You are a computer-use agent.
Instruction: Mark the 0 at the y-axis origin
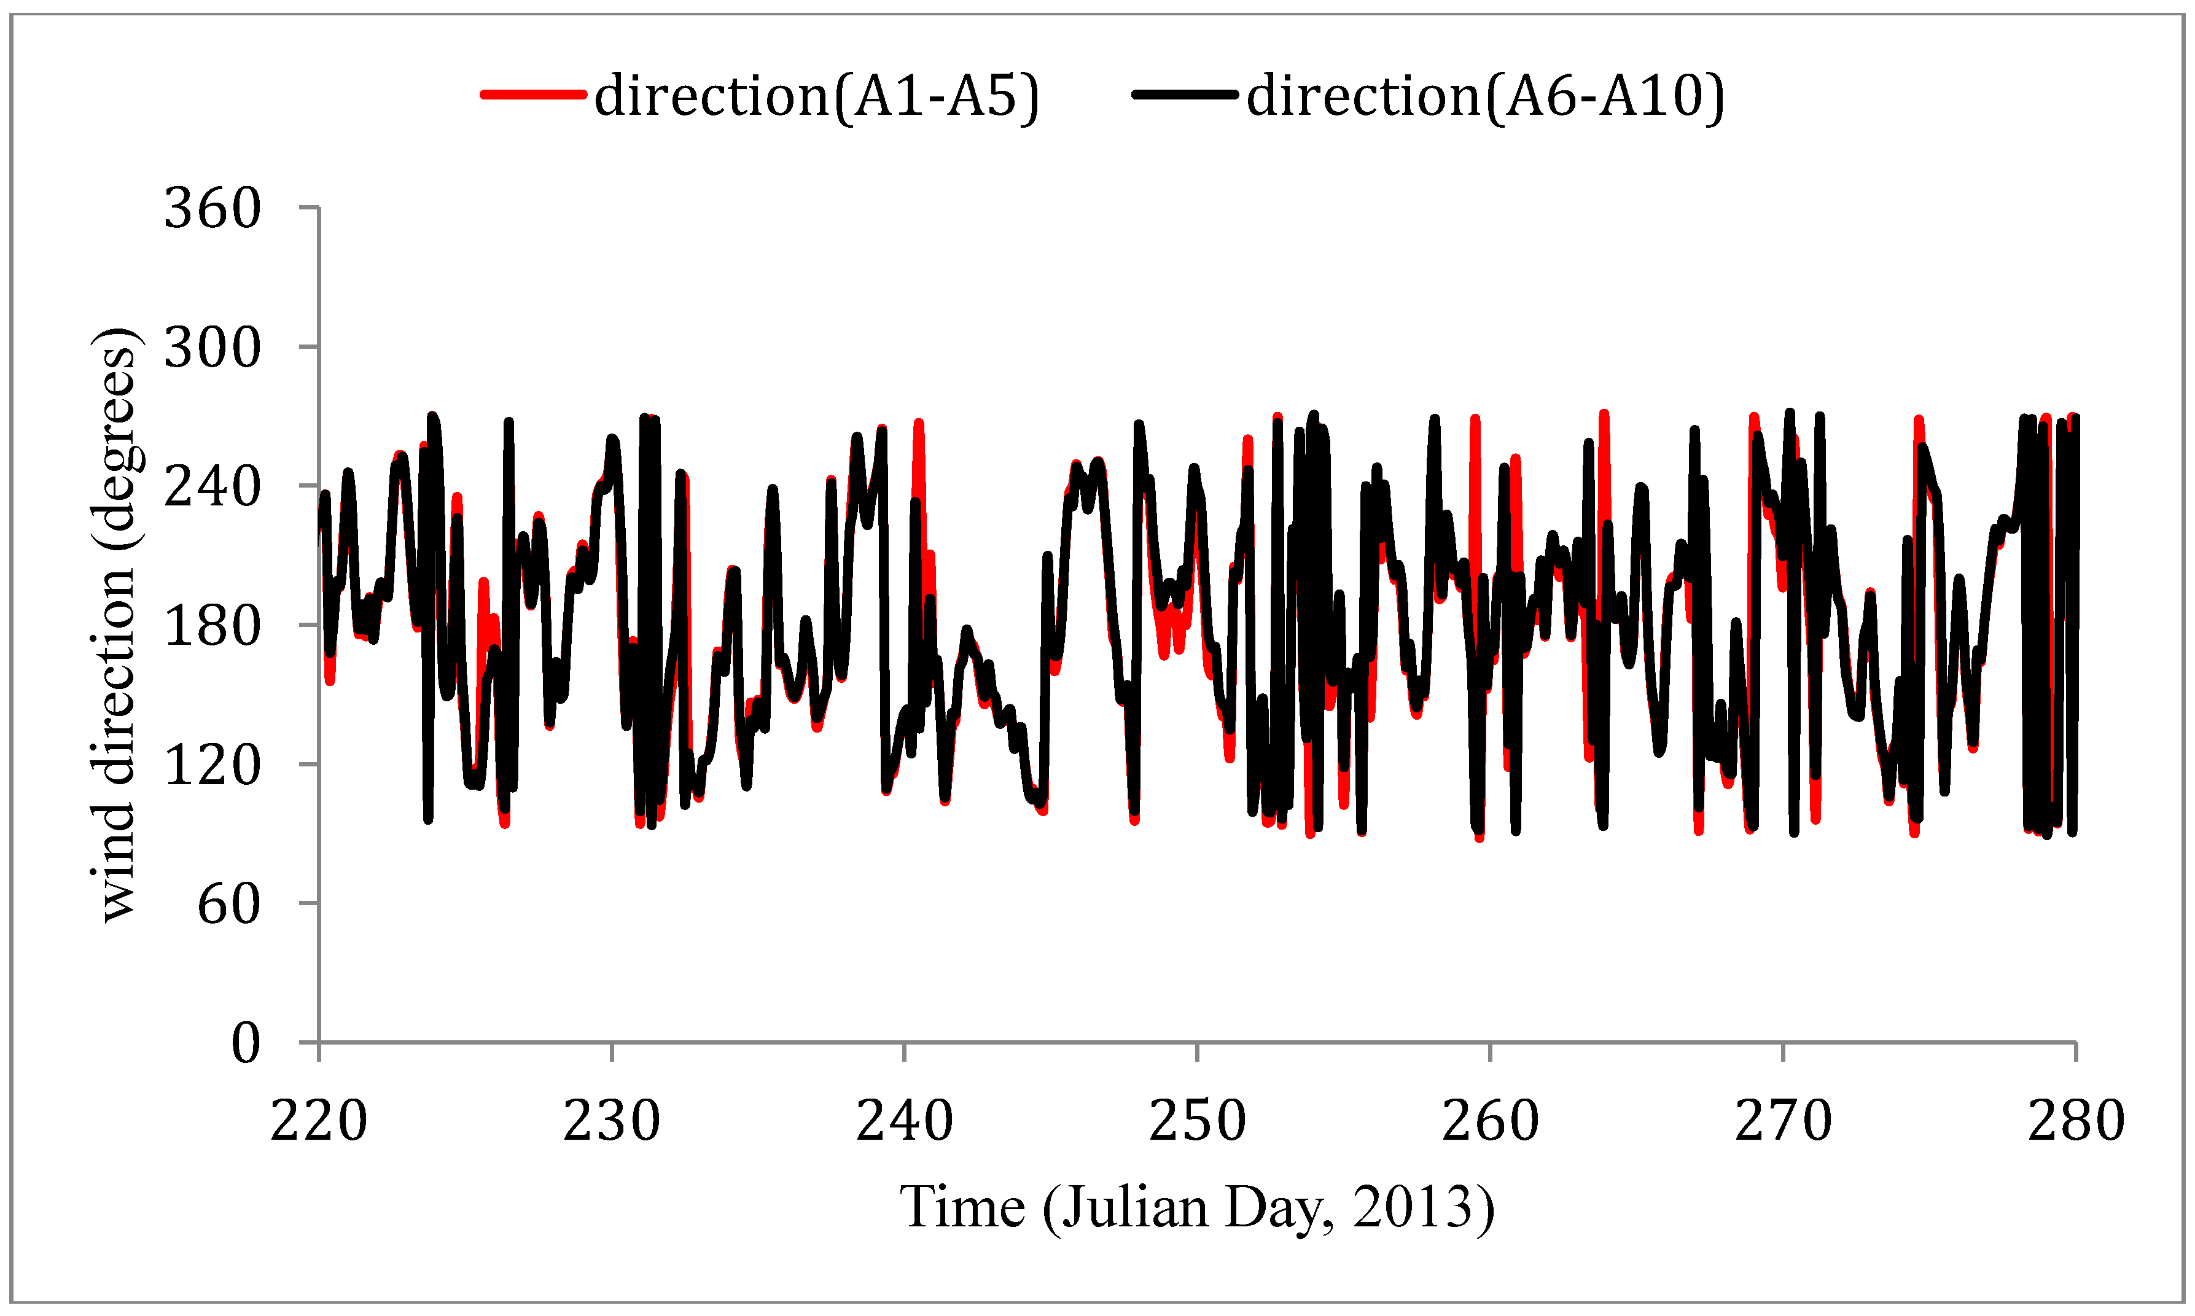click(x=246, y=1043)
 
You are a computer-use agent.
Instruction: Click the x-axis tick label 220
click(x=318, y=1121)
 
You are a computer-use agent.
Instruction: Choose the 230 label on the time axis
click(x=612, y=1121)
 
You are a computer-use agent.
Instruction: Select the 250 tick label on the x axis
click(x=1197, y=1121)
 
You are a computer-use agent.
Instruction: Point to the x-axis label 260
click(x=1490, y=1121)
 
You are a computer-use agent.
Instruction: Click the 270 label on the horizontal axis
click(x=1783, y=1121)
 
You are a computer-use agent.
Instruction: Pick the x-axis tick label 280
click(x=2076, y=1121)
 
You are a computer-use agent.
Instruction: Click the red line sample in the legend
click(x=533, y=94)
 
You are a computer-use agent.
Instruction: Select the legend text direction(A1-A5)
click(x=816, y=96)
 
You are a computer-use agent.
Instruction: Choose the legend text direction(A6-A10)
click(x=1486, y=96)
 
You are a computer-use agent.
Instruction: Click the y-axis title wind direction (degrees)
click(x=115, y=625)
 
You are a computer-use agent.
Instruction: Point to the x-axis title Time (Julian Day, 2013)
click(x=1197, y=1208)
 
